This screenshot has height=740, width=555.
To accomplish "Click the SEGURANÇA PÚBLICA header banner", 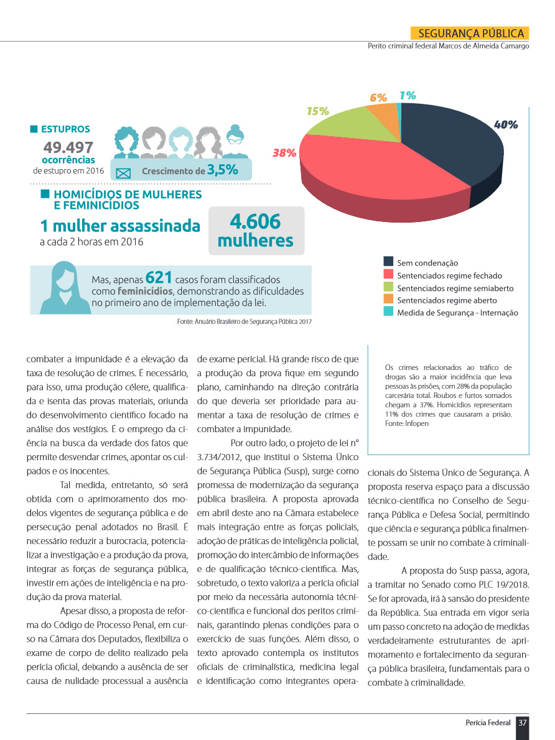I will [470, 34].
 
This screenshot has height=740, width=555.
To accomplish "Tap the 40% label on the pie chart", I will [505, 124].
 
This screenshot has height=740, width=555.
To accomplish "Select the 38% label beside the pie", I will [284, 153].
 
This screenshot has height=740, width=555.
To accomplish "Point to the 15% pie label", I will [317, 111].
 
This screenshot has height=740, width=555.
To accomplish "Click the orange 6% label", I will [378, 98].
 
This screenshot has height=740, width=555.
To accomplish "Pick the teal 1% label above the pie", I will [408, 96].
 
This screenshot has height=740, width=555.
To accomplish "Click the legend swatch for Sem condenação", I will [388, 262].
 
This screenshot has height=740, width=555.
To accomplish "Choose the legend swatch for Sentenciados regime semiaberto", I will [388, 287].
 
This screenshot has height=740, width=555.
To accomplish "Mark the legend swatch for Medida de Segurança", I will [388, 312].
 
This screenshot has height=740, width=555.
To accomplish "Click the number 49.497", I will [68, 147].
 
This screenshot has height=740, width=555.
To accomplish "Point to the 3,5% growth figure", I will [222, 170].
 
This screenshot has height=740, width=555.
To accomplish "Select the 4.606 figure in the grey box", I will [255, 222].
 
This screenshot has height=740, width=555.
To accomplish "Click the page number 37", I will [523, 723].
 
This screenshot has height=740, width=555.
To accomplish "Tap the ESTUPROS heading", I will [65, 129].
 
